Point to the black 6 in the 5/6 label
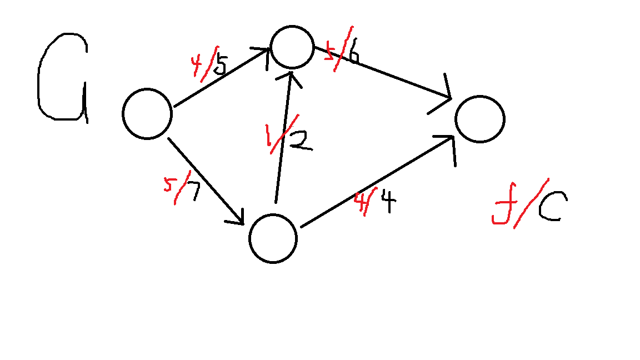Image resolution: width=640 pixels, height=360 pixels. (x=352, y=54)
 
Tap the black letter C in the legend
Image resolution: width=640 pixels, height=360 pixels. (x=548, y=208)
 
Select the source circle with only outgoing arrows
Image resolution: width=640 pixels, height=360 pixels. (x=147, y=114)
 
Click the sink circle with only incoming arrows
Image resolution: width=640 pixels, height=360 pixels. (x=479, y=119)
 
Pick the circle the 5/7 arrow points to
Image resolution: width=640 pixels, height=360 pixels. (x=273, y=238)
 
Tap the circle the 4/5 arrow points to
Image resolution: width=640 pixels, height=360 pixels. (x=292, y=48)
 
